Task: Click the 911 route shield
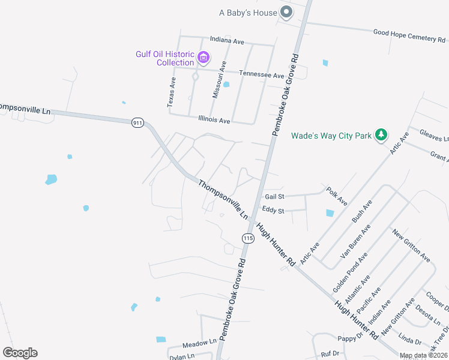[x=137, y=123]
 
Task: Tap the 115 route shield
[x=247, y=238]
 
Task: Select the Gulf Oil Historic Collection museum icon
[x=204, y=58]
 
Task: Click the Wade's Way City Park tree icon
[x=380, y=136]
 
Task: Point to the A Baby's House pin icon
[x=287, y=12]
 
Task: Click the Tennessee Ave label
[x=262, y=76]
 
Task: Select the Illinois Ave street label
[x=214, y=120]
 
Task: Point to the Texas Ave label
[x=173, y=92]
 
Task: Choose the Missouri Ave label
[x=218, y=79]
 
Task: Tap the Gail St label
[x=274, y=196]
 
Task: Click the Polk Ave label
[x=337, y=196]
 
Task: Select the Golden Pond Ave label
[x=350, y=272]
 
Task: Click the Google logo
[x=20, y=353]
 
